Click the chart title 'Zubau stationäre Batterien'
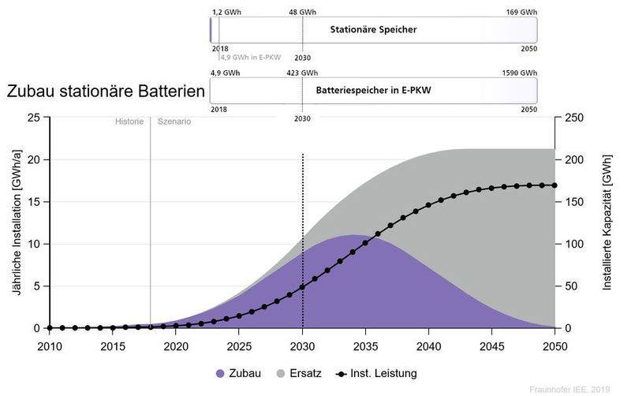pos(105,92)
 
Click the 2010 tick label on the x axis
pos(49,346)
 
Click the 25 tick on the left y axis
pos(34,118)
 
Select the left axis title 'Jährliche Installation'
pos(16,223)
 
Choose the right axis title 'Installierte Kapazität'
pos(607,223)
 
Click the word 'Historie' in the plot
pos(129,121)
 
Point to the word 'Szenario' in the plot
pos(174,121)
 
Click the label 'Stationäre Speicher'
pos(373,30)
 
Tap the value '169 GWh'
pos(523,13)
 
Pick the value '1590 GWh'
pos(521,73)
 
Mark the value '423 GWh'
pos(302,73)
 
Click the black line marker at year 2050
pos(554,185)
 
